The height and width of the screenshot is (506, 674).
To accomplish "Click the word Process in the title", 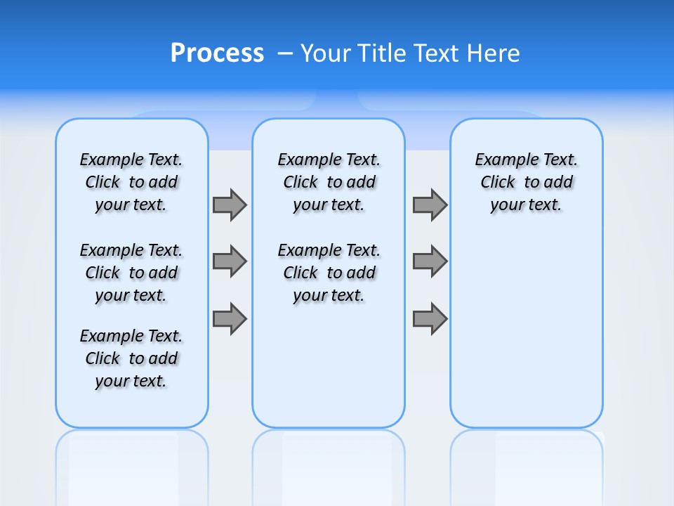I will pyautogui.click(x=217, y=53).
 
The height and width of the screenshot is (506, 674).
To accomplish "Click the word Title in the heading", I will pyautogui.click(x=383, y=53).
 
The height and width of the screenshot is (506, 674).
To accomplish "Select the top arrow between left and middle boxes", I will pyautogui.click(x=230, y=205).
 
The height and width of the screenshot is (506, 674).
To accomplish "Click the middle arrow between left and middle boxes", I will pyautogui.click(x=230, y=261).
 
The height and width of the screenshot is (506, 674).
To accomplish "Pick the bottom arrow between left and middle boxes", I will pyautogui.click(x=230, y=318).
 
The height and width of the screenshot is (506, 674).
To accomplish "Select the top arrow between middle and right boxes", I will pyautogui.click(x=430, y=205).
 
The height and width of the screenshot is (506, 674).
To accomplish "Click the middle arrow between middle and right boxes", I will pyautogui.click(x=430, y=261).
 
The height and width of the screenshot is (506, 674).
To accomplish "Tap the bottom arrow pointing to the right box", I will pyautogui.click(x=430, y=318).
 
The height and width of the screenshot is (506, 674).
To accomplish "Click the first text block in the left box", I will pyautogui.click(x=131, y=182).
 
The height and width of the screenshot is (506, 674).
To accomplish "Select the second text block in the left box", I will pyautogui.click(x=131, y=273).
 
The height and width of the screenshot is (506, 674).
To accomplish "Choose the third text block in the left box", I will pyautogui.click(x=131, y=358).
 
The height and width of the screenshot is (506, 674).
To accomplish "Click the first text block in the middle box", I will pyautogui.click(x=329, y=182).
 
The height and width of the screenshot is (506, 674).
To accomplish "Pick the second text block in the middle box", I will pyautogui.click(x=329, y=273).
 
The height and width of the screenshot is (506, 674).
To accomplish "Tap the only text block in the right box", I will pyautogui.click(x=527, y=182).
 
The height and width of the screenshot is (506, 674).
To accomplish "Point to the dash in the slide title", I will pyautogui.click(x=285, y=53).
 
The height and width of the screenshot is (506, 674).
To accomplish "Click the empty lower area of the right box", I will pyautogui.click(x=527, y=337).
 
